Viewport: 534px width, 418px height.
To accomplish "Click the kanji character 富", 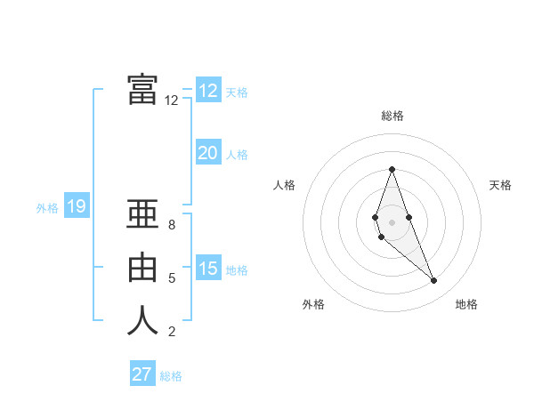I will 142,89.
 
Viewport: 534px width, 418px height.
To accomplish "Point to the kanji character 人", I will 142,320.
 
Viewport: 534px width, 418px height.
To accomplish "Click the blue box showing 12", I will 207,91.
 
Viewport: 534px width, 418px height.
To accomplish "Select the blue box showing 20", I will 207,153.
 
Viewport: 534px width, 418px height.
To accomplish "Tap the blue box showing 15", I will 207,268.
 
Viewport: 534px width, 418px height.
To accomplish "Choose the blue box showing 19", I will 76,207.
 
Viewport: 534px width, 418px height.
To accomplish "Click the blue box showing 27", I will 142,374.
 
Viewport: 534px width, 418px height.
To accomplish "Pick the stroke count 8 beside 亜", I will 172,225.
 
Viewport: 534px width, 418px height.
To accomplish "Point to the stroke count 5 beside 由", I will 172,278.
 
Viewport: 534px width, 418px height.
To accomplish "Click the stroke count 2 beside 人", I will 172,332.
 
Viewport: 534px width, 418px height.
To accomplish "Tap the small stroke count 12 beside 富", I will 171,100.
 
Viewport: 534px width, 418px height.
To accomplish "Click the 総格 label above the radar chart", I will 392,116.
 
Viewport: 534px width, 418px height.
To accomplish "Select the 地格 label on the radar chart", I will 466,304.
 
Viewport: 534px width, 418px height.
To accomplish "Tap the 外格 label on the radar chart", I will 313,304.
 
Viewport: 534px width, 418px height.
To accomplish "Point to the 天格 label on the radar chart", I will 500,185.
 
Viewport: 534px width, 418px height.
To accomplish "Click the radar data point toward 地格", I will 433,281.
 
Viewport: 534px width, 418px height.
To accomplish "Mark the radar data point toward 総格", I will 392,169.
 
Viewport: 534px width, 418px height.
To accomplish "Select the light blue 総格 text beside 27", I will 171,376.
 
